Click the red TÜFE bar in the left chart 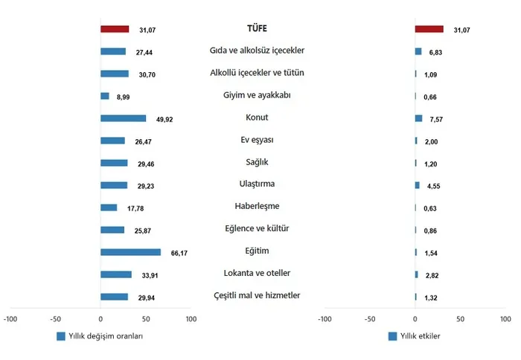tap(115, 29)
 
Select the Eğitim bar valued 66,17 tap(130, 252)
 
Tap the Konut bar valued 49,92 tap(123, 118)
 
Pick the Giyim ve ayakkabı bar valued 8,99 tap(105, 96)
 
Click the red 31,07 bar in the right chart tap(429, 29)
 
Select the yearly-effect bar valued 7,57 tap(419, 118)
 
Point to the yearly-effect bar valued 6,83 tap(418, 51)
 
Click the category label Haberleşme tap(256, 206)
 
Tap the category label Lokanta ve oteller tap(256, 273)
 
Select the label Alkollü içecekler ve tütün tap(256, 72)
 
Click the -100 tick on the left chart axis tap(10, 318)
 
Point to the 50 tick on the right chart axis tap(461, 318)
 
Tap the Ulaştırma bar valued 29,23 tap(114, 185)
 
